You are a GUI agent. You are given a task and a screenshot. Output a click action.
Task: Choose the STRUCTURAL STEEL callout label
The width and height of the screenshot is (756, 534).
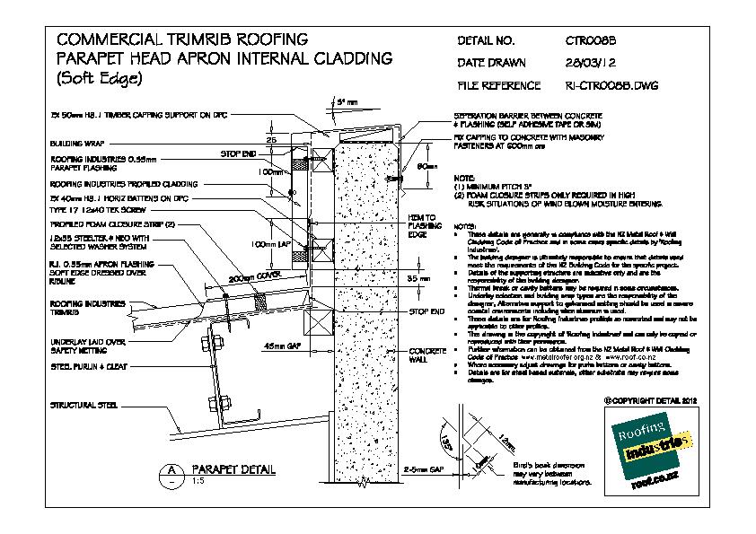(x=84, y=406)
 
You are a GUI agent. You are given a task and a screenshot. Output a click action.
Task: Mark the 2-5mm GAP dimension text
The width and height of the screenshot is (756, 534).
(x=424, y=469)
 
